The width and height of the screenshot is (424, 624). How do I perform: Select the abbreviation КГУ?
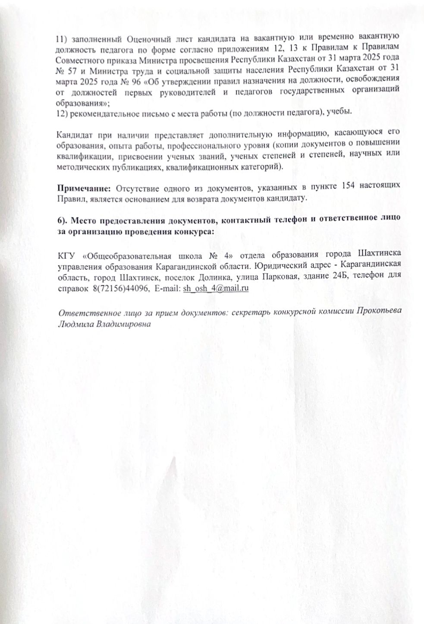tap(66, 254)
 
